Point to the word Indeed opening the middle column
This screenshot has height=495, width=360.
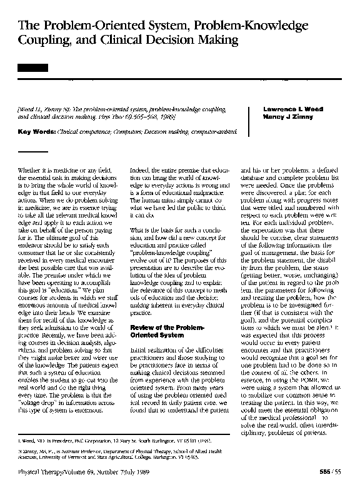141,169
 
